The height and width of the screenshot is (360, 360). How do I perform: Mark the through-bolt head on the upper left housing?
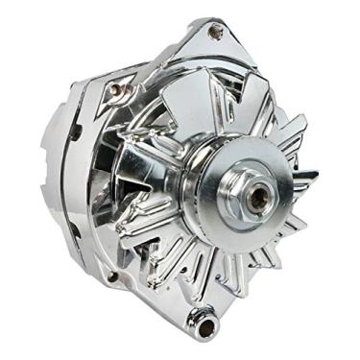[x=116, y=88]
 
